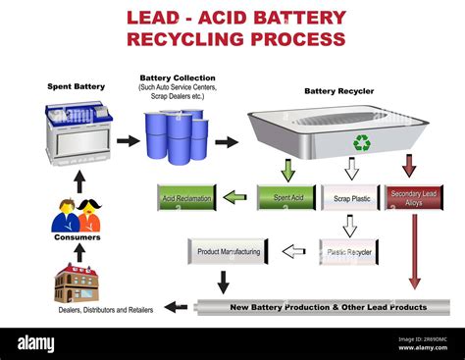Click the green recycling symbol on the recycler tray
362,142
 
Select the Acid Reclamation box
186,197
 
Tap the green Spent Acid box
286,197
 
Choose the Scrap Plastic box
350,197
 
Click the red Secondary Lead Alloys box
414,197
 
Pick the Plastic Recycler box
348,251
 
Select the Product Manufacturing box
228,251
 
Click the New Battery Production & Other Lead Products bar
324,307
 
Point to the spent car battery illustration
78,135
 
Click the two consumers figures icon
77,216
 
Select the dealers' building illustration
77,283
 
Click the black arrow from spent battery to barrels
128,141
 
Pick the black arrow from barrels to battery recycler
227,142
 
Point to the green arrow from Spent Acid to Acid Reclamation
234,197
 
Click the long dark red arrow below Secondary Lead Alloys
414,250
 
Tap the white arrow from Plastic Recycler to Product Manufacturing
293,251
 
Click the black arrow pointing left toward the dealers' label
176,307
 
